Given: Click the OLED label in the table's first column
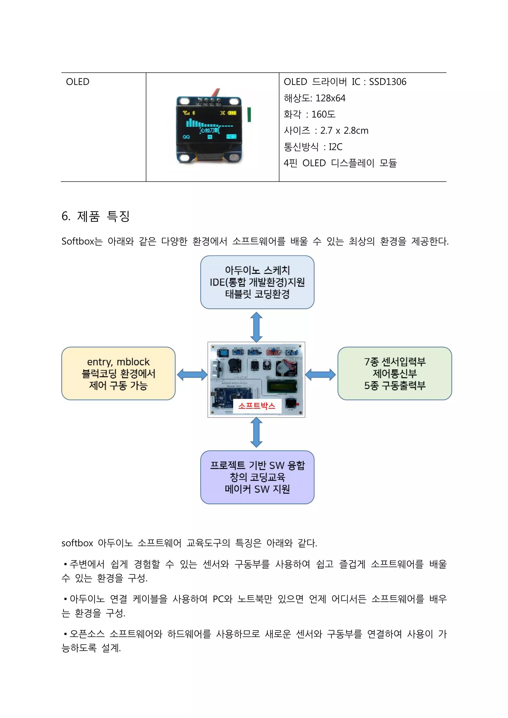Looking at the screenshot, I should click(78, 82).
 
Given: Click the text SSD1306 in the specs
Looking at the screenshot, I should click(387, 82).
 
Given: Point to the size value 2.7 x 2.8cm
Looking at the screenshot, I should click(344, 131).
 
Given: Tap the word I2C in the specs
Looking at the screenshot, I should click(336, 147).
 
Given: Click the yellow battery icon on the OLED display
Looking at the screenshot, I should click(232, 113).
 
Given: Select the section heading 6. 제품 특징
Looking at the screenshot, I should click(95, 216).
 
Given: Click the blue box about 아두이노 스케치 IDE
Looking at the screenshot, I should click(257, 282).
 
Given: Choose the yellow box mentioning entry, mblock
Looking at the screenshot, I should click(118, 373).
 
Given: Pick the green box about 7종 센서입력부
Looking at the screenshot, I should click(394, 373).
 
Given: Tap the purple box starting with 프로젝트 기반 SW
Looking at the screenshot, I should click(257, 477).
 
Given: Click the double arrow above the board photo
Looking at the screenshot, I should click(256, 327).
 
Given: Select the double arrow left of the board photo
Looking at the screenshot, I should click(192, 375).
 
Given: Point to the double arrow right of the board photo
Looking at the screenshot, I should click(320, 375).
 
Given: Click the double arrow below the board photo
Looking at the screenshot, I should click(256, 432).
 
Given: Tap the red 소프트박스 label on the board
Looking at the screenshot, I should click(257, 406).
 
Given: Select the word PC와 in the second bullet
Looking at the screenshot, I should click(222, 599).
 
